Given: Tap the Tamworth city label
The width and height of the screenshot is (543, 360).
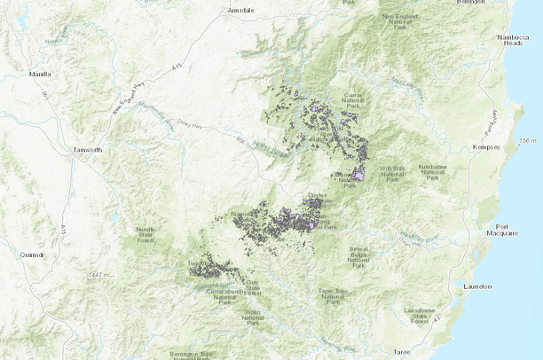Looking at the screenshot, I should click(88, 150).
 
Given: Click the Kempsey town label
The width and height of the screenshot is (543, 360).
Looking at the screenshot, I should click(488, 145).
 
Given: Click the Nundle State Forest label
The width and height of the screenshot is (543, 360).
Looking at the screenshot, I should click(145, 234).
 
